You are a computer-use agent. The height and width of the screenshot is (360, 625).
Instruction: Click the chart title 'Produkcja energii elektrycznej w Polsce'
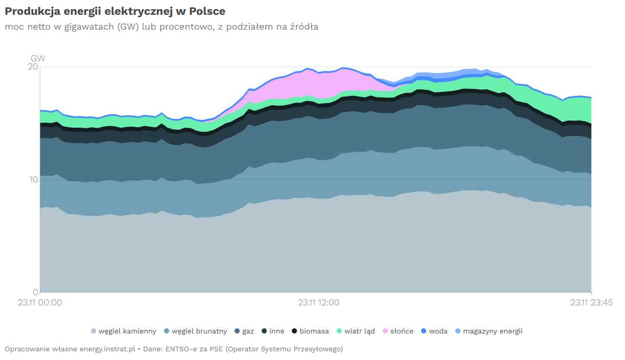point(115,11)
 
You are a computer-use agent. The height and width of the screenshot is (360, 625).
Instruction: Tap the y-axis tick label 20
point(33,67)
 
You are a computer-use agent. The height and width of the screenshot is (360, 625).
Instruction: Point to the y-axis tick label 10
point(34,179)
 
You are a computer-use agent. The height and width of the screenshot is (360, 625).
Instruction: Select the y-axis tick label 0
point(35,292)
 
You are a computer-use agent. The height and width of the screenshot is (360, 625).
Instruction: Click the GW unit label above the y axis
point(38,58)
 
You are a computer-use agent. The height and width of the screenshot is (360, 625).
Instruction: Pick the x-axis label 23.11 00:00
point(40,303)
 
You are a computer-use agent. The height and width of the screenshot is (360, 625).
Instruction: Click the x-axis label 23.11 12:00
point(319,303)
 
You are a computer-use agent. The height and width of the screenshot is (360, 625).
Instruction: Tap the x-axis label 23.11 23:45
point(591,303)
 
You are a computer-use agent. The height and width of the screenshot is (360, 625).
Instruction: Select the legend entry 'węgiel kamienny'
point(124,331)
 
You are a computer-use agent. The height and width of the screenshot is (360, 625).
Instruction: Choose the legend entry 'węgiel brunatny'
point(196,331)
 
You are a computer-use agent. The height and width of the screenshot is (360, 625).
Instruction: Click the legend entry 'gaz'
point(244,331)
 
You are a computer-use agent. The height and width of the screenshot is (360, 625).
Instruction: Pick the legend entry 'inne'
point(273,331)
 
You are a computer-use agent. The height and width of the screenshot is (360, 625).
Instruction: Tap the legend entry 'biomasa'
point(310,331)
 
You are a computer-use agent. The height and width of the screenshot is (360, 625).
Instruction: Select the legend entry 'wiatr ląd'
point(356,331)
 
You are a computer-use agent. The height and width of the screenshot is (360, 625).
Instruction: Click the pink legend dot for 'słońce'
point(385,331)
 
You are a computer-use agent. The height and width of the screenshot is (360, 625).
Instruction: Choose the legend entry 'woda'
point(434,331)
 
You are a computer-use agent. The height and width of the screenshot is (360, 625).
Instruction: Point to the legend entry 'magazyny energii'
point(489,331)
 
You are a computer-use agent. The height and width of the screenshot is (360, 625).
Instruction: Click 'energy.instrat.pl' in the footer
point(107,349)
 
